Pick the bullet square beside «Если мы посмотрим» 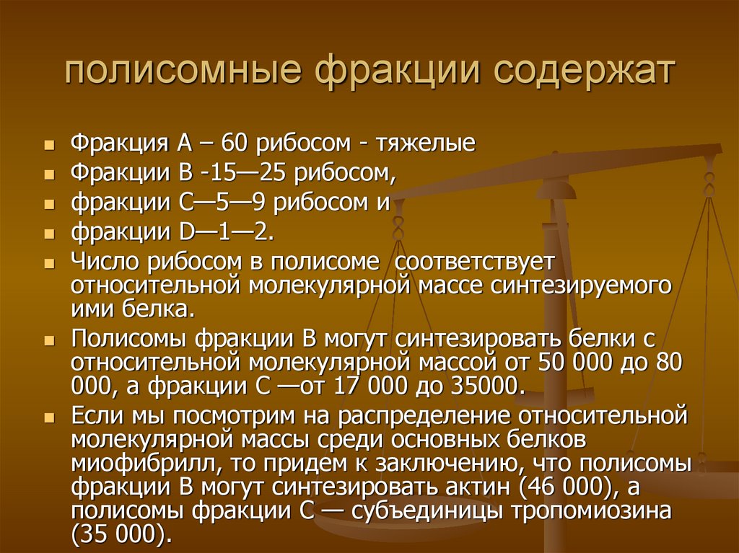click(x=48, y=417)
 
